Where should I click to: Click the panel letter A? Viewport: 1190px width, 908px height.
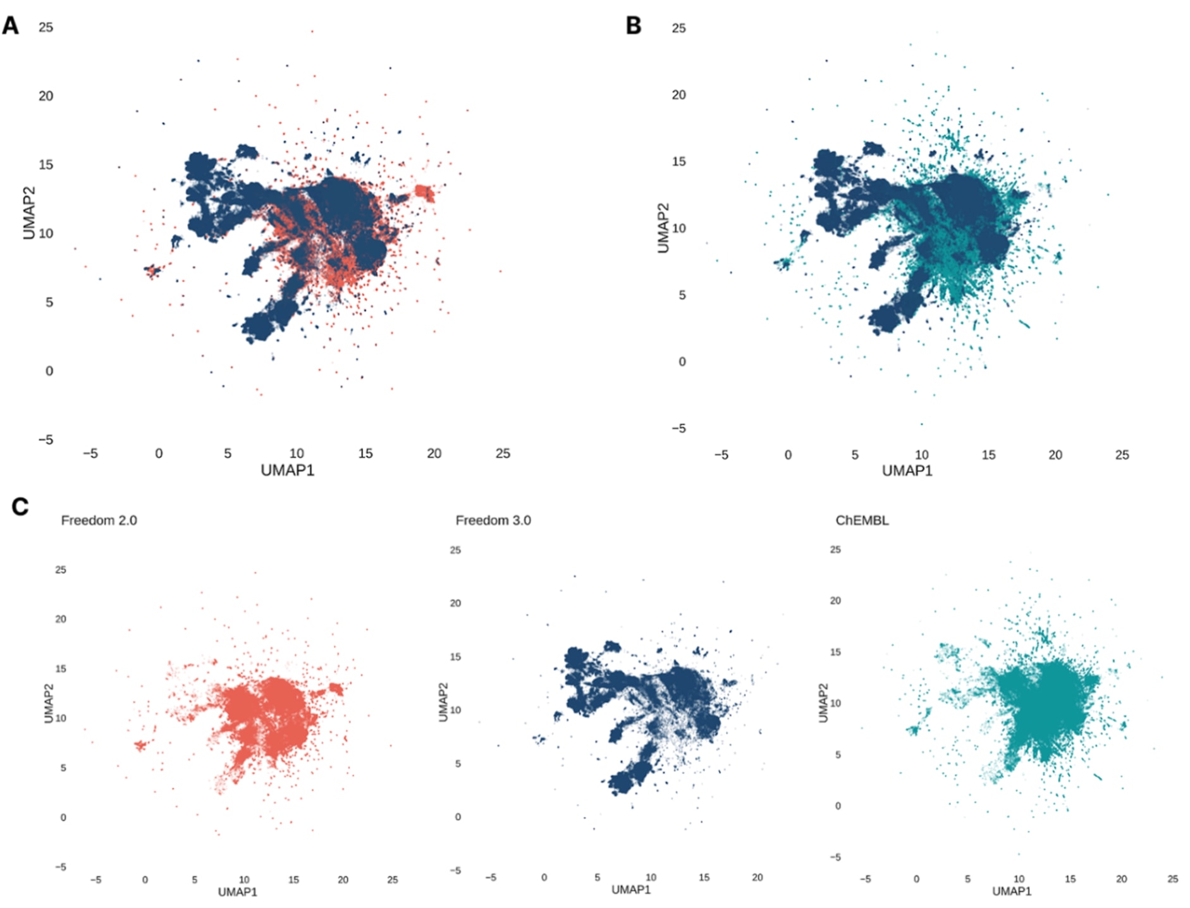tap(11, 26)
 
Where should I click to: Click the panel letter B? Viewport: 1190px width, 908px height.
tap(633, 26)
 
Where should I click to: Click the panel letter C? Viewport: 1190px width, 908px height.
tap(20, 506)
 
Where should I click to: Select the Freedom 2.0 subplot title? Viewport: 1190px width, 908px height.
tap(99, 520)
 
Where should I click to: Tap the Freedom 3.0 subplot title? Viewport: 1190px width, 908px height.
tap(493, 520)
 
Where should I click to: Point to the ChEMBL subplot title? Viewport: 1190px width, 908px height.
tap(862, 520)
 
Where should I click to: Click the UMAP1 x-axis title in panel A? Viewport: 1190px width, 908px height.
tap(287, 470)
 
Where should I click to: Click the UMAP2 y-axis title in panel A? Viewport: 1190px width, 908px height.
tap(28, 213)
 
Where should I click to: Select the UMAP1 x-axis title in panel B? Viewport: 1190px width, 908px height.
tap(907, 470)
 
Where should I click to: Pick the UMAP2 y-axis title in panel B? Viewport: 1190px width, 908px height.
tap(663, 228)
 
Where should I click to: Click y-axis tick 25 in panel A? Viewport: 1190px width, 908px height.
tap(46, 27)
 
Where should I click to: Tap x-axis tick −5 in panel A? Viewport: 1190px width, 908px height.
tap(90, 453)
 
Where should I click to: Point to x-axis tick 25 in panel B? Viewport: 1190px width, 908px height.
tap(1122, 455)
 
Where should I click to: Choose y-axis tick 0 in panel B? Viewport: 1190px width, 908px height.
tap(682, 362)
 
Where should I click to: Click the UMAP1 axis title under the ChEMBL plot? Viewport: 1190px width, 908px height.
tap(1012, 891)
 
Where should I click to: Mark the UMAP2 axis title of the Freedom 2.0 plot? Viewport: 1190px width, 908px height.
tap(49, 703)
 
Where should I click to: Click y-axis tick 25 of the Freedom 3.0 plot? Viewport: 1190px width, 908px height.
tap(455, 550)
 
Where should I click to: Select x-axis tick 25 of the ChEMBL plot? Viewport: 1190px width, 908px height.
tap(1172, 879)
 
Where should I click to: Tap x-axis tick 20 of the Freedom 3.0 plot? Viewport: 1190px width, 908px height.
tap(757, 878)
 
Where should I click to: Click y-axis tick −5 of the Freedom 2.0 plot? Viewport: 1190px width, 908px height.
tap(61, 867)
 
